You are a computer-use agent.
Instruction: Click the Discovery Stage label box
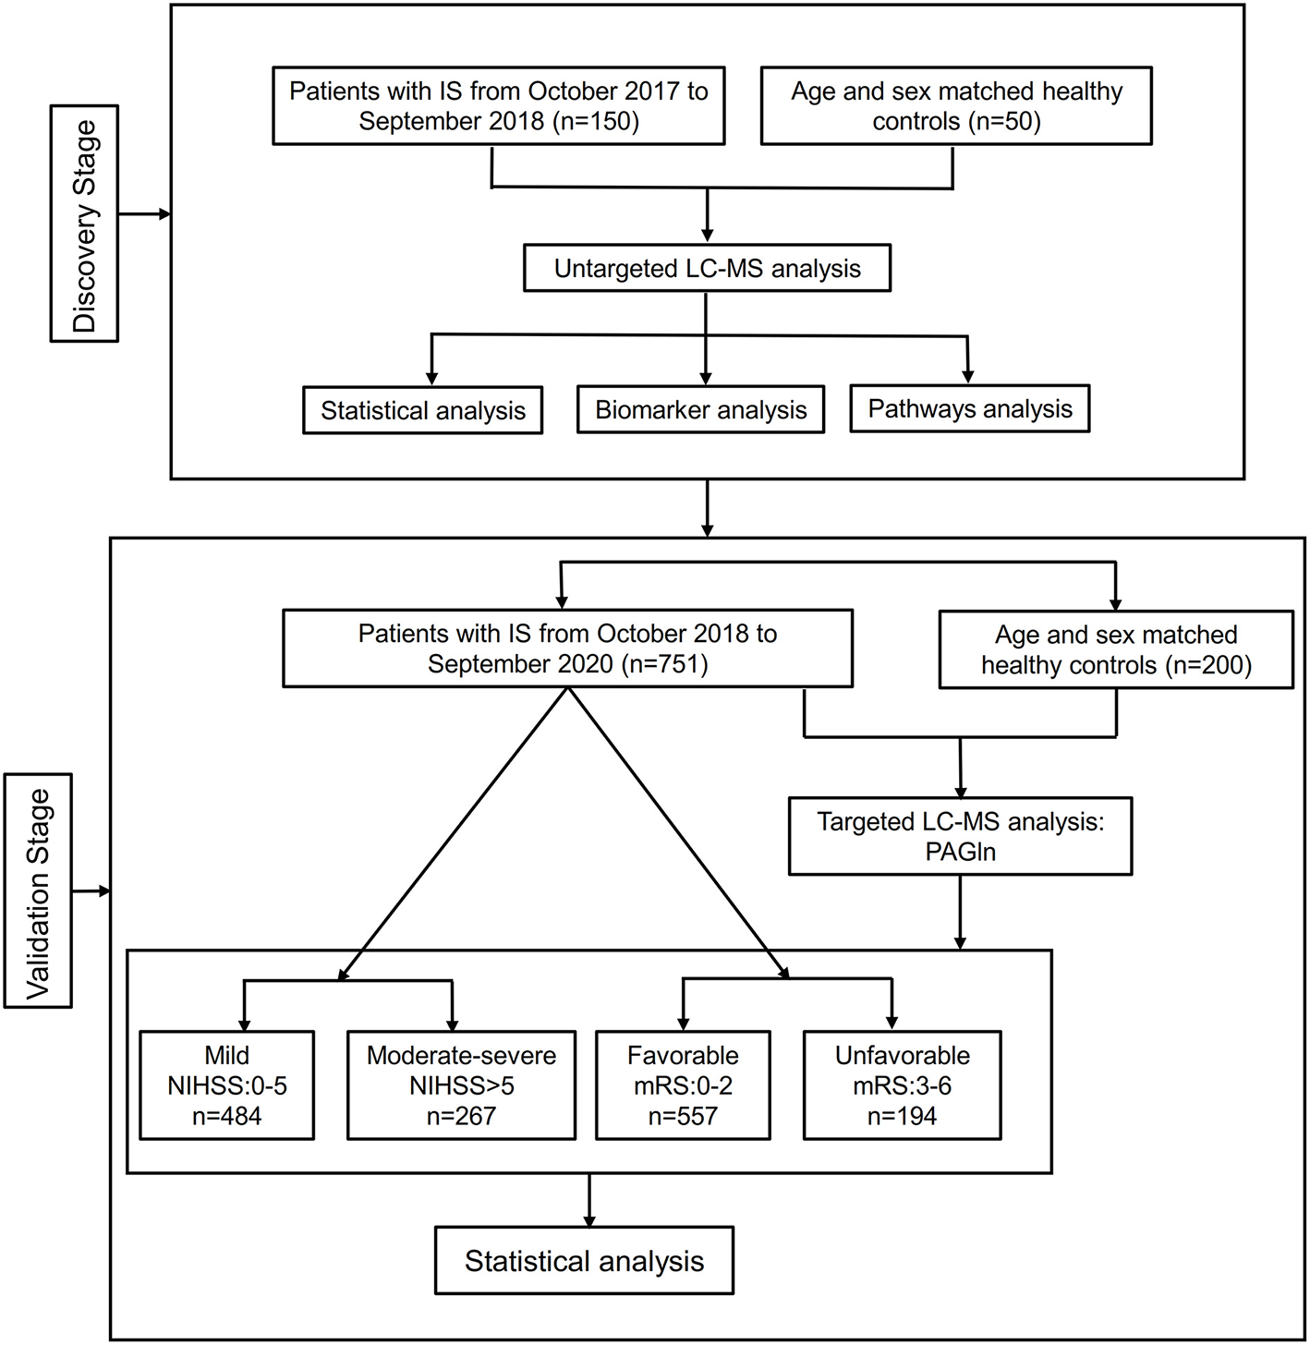point(84,224)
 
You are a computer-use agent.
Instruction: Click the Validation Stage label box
point(38,891)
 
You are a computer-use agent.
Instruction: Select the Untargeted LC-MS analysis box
point(707,269)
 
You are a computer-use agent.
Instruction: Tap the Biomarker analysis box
point(700,410)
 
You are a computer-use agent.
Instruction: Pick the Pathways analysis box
point(969,409)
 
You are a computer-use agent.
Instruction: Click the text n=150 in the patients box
point(595,122)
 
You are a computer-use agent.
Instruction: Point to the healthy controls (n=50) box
point(956,106)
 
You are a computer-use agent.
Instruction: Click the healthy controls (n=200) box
point(1115,650)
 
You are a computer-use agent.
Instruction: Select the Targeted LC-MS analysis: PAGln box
point(960,836)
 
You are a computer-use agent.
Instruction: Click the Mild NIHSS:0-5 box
point(227,1085)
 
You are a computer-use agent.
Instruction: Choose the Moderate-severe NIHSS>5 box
point(461,1085)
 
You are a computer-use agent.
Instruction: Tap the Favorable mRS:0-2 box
point(683,1085)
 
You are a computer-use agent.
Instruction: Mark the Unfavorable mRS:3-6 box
point(902,1085)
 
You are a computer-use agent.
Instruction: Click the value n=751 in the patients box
point(664,664)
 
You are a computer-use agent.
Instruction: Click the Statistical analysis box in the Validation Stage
point(584,1261)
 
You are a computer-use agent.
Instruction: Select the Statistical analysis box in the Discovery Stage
point(422,411)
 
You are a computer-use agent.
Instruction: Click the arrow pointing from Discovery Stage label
point(145,214)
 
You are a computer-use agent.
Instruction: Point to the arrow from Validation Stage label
point(91,891)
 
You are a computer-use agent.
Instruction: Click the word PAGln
point(960,852)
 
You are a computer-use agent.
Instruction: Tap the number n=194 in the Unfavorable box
point(902,1116)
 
